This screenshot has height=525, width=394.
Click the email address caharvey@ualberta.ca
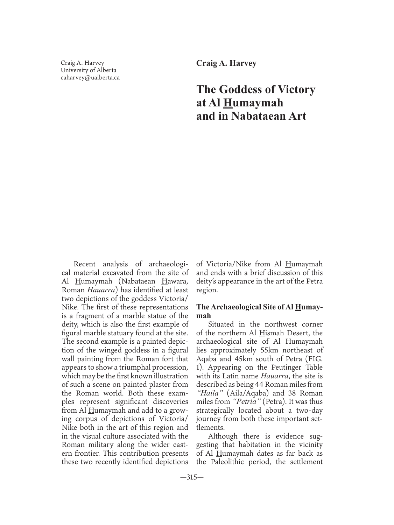90,78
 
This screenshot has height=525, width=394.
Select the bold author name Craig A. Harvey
226,63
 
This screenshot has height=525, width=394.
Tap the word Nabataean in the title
253,116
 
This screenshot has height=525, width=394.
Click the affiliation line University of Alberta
89,70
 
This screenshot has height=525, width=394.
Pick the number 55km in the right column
270,350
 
